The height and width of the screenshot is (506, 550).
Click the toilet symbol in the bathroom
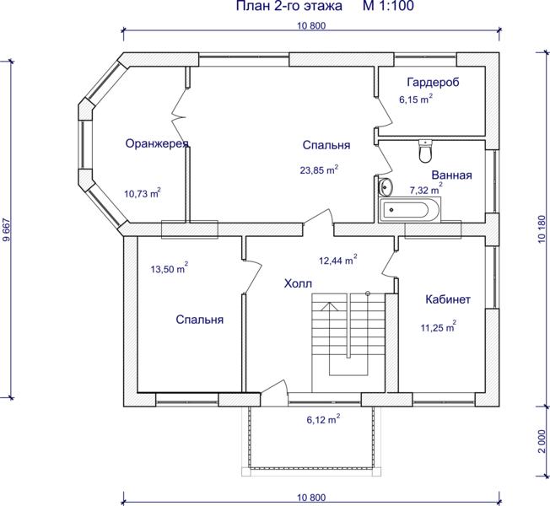click(425, 151)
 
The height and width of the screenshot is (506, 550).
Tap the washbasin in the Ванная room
click(385, 186)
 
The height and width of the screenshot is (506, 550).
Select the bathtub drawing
click(409, 210)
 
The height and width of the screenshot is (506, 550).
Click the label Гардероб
click(433, 82)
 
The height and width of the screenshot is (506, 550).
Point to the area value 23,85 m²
click(319, 170)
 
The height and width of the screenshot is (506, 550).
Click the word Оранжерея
click(157, 143)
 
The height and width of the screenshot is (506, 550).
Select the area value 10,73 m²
click(143, 193)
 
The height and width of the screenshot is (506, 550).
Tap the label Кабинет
click(448, 299)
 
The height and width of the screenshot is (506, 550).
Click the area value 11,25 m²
click(438, 327)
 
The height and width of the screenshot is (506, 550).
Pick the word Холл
click(298, 283)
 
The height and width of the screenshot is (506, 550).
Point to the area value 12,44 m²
click(338, 261)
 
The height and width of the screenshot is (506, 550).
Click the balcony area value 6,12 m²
click(323, 419)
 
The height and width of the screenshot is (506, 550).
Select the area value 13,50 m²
click(170, 269)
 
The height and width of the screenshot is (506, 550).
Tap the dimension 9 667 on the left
click(6, 230)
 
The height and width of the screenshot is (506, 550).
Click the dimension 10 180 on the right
click(542, 229)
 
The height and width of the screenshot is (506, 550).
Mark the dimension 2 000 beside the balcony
click(542, 441)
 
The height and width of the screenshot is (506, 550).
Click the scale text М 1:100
click(388, 6)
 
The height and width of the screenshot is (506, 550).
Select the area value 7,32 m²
click(426, 190)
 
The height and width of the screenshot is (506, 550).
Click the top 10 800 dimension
click(311, 25)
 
